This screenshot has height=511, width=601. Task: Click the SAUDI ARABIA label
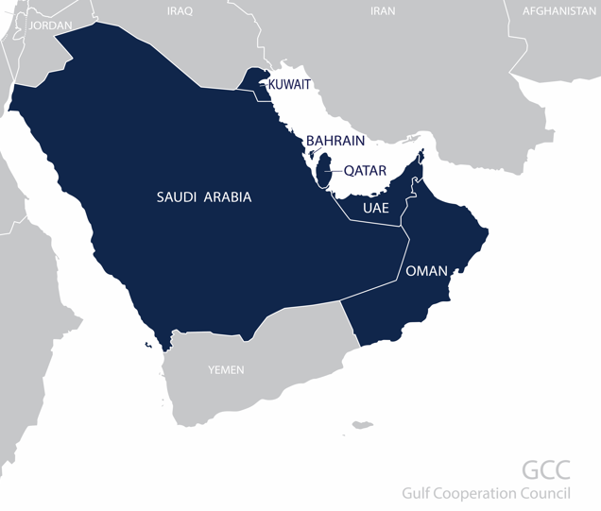coord(203,197)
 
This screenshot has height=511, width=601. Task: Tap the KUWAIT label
coord(289,85)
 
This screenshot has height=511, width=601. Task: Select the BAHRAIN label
coord(335,141)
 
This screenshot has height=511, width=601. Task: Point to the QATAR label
coord(365,171)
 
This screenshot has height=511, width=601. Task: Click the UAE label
coord(376,206)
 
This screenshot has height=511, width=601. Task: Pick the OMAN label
coord(426,271)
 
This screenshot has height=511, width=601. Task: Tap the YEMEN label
coord(226,369)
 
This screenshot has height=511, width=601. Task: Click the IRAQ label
coord(179,10)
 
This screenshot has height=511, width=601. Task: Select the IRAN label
coord(383,10)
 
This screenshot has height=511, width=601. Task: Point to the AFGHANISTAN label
coord(559,10)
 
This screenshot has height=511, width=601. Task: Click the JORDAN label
coord(50,26)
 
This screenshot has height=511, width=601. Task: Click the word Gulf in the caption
coord(417,493)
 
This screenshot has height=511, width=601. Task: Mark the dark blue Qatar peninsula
coord(323,171)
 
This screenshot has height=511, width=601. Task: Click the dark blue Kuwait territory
coord(251,80)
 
